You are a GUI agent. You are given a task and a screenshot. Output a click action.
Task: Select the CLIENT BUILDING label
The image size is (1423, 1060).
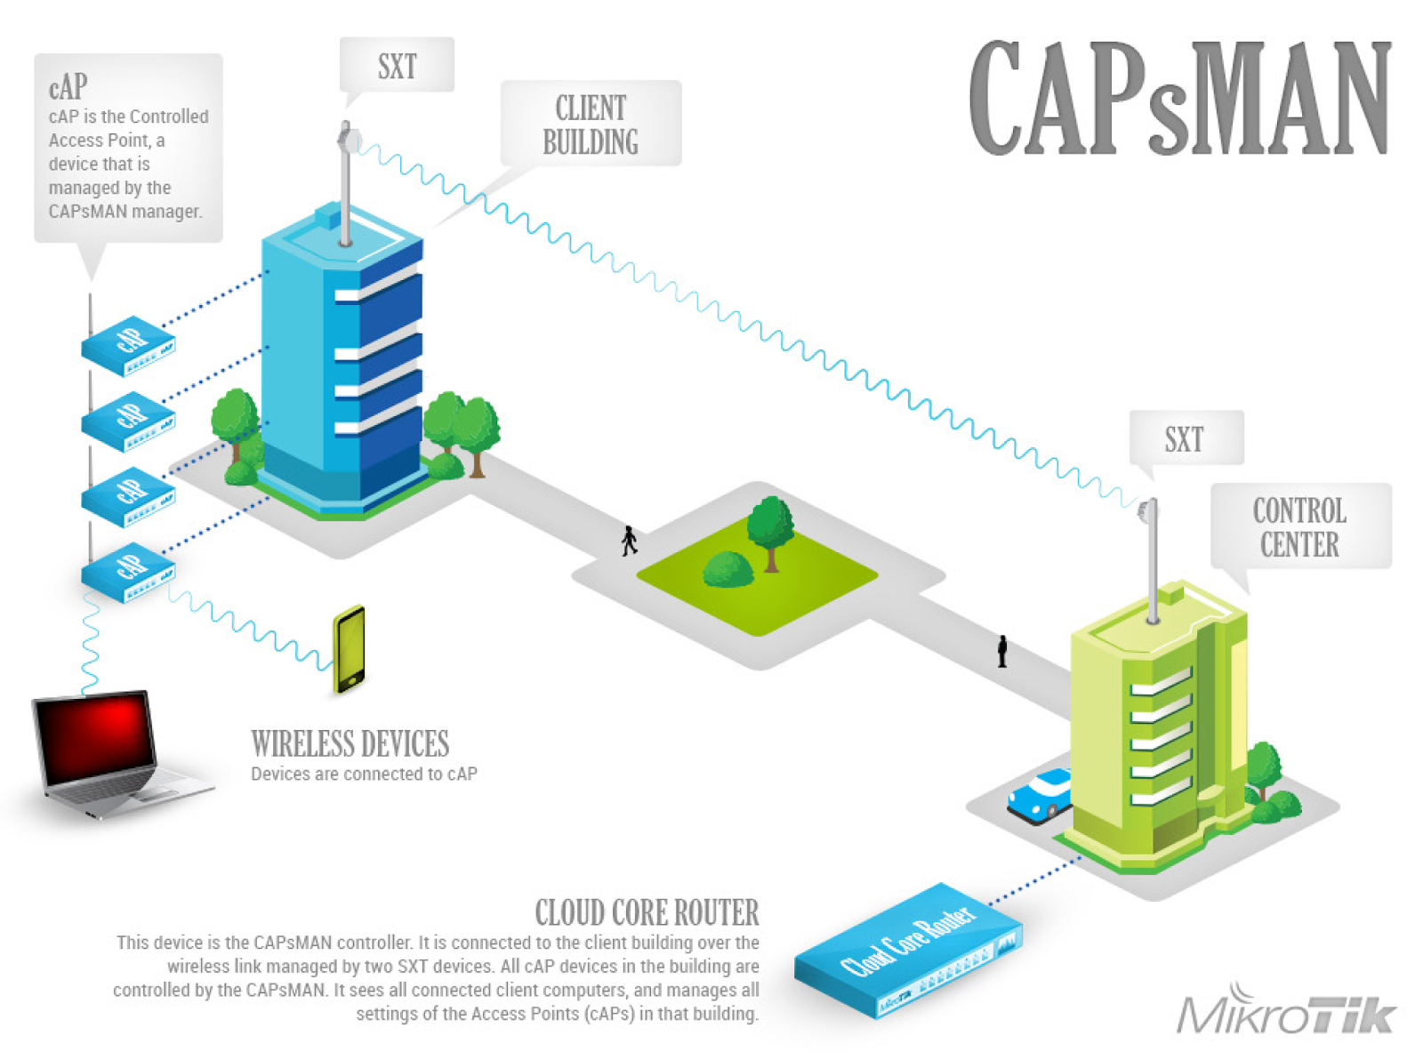tap(591, 124)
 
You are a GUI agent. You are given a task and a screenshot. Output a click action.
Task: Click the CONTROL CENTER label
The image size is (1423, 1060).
tap(1299, 526)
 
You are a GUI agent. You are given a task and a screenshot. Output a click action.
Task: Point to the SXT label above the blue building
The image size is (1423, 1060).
tap(398, 66)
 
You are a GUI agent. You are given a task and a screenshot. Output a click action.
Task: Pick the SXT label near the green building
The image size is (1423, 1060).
tap(1185, 439)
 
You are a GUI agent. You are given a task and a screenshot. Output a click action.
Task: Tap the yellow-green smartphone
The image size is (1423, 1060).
tap(350, 649)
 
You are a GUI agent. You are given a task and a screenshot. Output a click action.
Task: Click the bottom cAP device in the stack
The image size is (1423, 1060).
tap(128, 573)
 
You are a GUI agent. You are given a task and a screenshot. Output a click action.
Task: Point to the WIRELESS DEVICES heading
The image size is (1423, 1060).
tap(350, 743)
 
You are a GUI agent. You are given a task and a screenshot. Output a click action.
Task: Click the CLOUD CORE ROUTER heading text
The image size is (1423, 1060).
tap(647, 912)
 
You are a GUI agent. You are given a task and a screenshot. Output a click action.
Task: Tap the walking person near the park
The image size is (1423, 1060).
tap(630, 541)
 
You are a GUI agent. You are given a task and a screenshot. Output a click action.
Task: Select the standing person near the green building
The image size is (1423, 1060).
tap(1002, 651)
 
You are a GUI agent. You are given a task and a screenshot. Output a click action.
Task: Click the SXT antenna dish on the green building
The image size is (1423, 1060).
tap(1148, 511)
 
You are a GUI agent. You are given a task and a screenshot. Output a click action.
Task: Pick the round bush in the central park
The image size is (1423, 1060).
tap(728, 569)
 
